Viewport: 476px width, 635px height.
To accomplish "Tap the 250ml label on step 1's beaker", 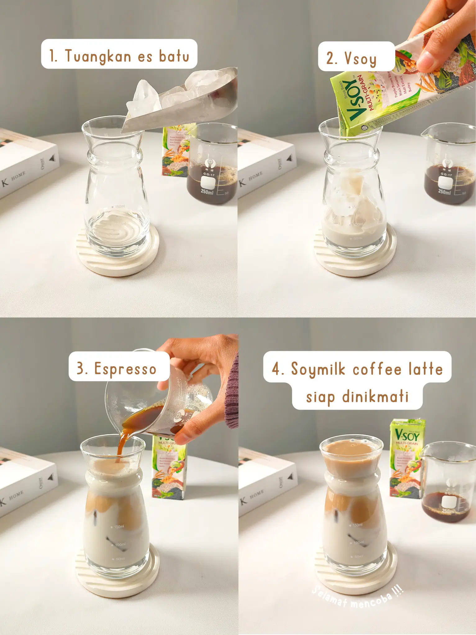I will tap(207, 192).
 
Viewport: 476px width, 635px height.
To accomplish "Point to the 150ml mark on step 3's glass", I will tap(119, 527).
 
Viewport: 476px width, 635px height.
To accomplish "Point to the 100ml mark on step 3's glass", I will tap(120, 545).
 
